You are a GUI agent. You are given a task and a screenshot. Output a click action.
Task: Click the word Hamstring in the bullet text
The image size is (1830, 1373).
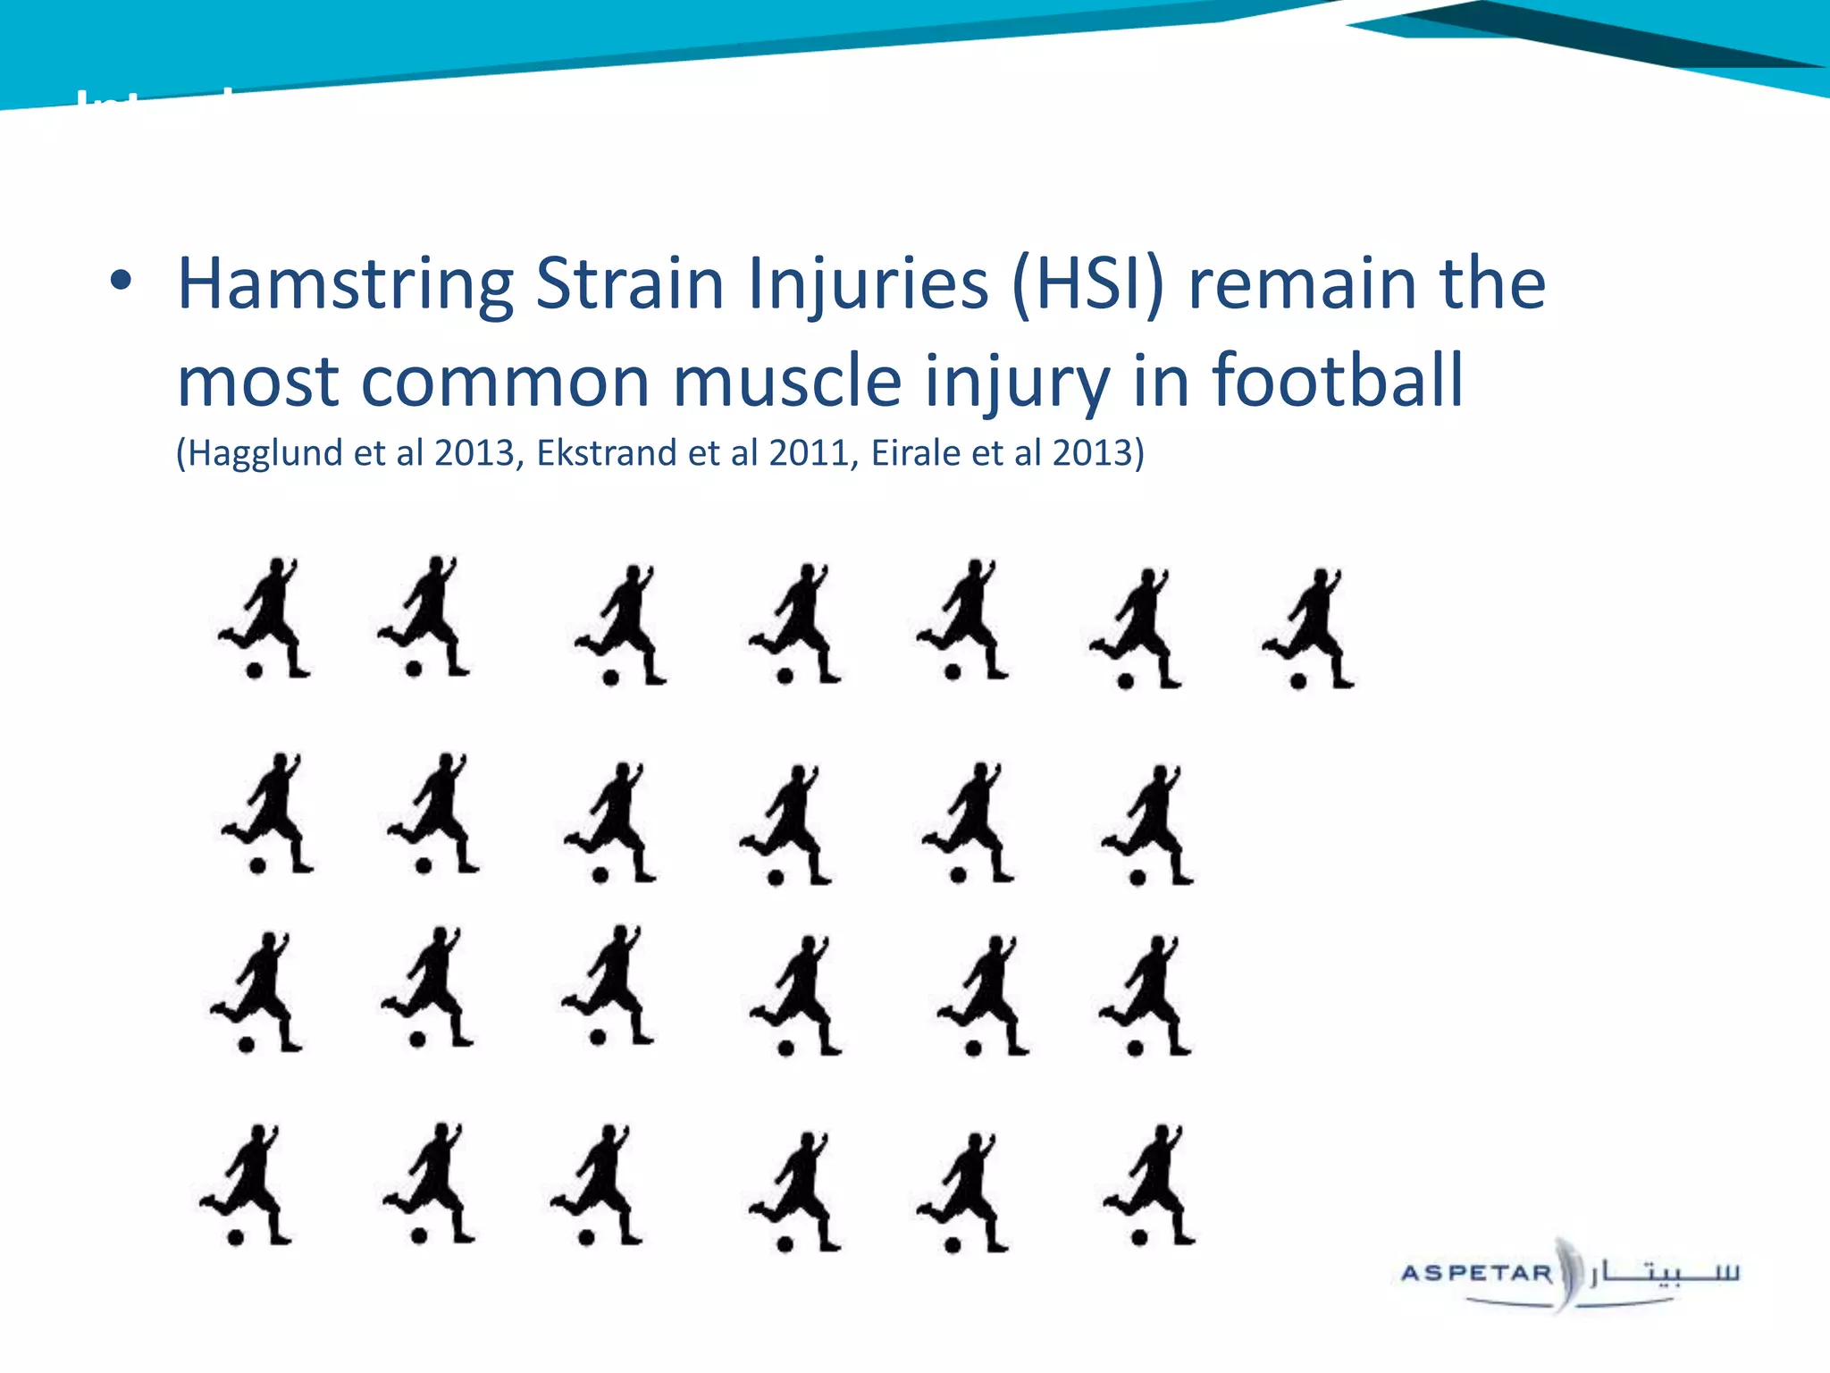[x=345, y=284]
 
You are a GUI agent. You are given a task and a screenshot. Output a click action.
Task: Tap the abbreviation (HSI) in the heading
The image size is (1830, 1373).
[x=1088, y=284]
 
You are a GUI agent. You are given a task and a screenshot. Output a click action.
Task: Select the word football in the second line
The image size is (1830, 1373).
[x=1337, y=381]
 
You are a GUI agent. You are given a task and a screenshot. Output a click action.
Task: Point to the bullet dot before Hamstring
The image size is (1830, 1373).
[x=121, y=282]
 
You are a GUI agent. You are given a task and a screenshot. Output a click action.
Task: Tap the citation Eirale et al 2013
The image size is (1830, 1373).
[x=1006, y=453]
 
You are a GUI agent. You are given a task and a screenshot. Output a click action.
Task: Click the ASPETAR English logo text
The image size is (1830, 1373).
[x=1476, y=1273]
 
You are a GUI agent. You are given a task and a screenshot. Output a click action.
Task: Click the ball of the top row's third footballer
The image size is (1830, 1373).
[x=611, y=678]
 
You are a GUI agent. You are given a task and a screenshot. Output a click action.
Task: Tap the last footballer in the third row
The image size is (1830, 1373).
[x=1147, y=994]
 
